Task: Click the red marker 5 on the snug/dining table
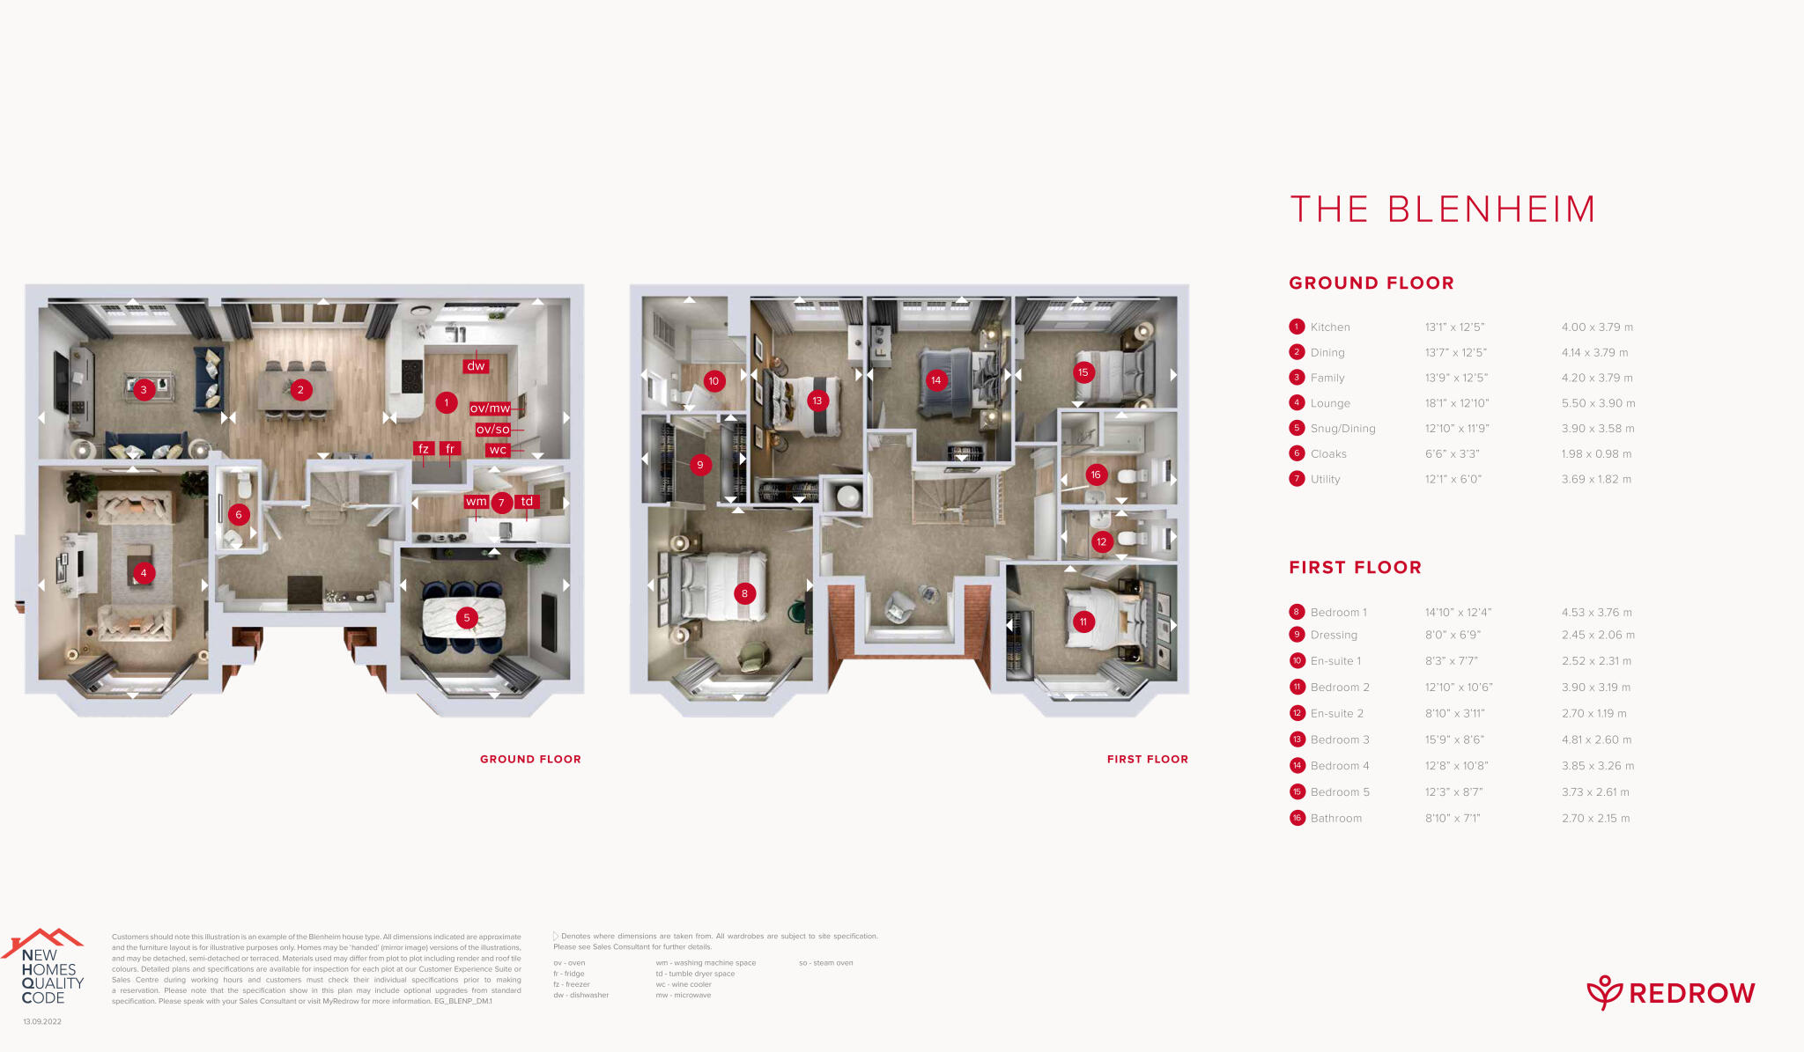click(x=467, y=618)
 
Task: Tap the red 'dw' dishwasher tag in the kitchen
click(x=476, y=366)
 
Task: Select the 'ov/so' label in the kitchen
click(x=492, y=430)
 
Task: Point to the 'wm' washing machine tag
click(x=477, y=502)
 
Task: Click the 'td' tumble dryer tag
click(x=527, y=502)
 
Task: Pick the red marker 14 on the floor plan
click(x=935, y=380)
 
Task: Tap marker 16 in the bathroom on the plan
click(x=1096, y=475)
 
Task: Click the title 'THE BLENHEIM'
click(x=1443, y=210)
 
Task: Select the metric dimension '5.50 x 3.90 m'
click(x=1598, y=403)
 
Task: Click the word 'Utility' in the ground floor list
click(x=1325, y=480)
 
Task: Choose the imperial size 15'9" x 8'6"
click(x=1454, y=739)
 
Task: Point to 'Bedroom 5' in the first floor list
click(x=1340, y=792)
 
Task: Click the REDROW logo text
click(x=1691, y=994)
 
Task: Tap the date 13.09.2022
click(x=42, y=1022)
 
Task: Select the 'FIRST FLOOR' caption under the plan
click(x=1148, y=759)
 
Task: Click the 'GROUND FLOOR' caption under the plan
click(x=530, y=759)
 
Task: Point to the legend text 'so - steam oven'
click(x=826, y=963)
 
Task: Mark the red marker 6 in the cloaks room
click(x=238, y=515)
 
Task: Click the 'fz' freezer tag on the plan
click(x=424, y=449)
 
